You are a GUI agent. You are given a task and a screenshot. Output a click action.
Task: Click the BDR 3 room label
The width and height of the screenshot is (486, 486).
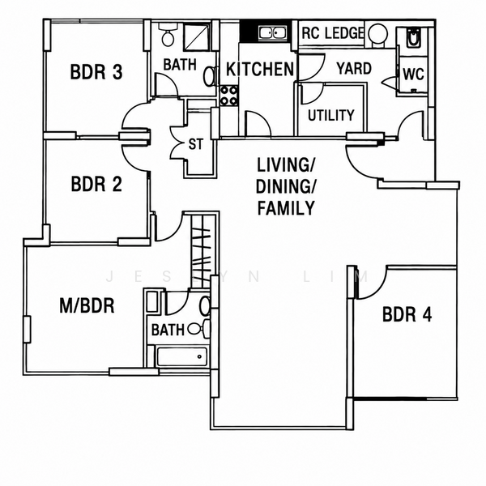click(x=96, y=72)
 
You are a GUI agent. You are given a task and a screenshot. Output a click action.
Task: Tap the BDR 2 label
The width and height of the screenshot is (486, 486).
click(x=96, y=184)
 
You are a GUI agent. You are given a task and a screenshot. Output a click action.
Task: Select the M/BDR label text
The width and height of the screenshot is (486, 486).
click(x=87, y=305)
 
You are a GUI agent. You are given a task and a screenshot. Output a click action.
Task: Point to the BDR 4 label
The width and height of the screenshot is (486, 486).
click(x=407, y=314)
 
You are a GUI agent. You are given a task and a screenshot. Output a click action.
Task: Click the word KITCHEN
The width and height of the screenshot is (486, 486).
click(x=260, y=69)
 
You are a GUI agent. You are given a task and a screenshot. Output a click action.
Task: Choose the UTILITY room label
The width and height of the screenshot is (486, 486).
click(x=330, y=115)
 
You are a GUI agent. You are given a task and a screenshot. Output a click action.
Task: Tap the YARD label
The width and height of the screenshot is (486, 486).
click(x=354, y=69)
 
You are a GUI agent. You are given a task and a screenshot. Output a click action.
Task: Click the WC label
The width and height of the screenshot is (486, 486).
click(x=413, y=75)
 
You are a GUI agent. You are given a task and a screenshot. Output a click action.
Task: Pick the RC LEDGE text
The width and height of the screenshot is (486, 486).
click(x=333, y=33)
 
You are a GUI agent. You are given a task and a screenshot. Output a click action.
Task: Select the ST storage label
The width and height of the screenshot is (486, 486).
click(x=195, y=144)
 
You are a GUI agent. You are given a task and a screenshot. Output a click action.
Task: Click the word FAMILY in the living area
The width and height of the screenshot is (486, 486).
click(x=286, y=208)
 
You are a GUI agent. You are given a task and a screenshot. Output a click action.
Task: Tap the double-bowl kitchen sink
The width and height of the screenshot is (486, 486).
click(x=273, y=32)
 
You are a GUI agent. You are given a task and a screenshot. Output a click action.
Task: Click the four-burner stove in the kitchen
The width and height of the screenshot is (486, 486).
click(x=229, y=96)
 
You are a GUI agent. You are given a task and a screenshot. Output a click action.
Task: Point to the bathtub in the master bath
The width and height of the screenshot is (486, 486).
click(x=182, y=356)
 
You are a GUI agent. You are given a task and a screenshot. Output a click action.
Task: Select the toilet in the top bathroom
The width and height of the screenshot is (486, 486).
click(x=168, y=35)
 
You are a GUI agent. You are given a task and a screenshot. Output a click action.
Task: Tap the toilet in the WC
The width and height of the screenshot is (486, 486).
click(x=413, y=38)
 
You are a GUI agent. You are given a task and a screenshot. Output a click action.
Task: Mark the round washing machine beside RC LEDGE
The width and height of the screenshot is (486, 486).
click(x=377, y=33)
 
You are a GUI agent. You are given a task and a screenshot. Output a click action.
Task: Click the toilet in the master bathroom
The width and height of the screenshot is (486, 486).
click(x=199, y=329)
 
